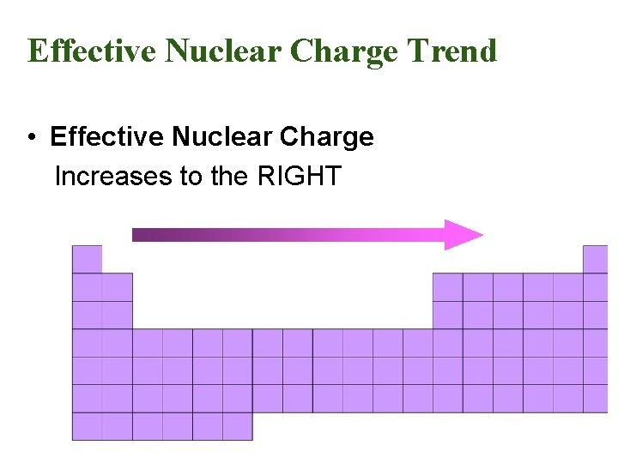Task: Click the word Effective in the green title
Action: [x=91, y=51]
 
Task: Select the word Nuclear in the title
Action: [x=222, y=51]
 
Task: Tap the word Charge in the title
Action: [x=344, y=51]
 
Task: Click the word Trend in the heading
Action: [x=452, y=51]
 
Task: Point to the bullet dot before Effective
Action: [x=31, y=138]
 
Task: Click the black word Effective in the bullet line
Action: [x=107, y=137]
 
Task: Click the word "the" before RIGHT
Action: [x=228, y=177]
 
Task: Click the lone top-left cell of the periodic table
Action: [x=87, y=259]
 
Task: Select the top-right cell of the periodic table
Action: [x=596, y=259]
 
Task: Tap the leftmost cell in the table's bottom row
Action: [x=87, y=426]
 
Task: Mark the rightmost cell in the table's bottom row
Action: [x=237, y=426]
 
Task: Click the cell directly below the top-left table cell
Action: [x=87, y=286]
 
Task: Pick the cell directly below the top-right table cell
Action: [x=596, y=286]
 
